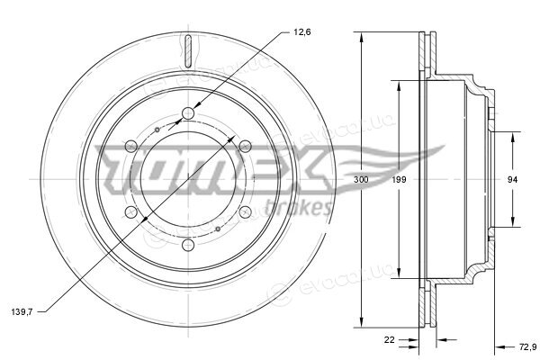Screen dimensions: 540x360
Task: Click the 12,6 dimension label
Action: coord(302,32)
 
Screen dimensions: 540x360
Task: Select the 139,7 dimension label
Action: coord(22,312)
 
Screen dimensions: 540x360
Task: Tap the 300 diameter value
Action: coord(361,179)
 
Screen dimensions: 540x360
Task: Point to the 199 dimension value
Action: coord(399,179)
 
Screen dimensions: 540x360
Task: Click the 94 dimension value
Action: coord(512,179)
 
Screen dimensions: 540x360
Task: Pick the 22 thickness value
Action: coord(389,339)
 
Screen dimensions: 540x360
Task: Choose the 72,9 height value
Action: coord(528,346)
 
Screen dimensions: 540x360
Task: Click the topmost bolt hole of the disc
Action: coord(188,113)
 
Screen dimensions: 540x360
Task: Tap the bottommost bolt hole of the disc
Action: coord(188,246)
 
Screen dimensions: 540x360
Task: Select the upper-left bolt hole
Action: coord(130,147)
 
